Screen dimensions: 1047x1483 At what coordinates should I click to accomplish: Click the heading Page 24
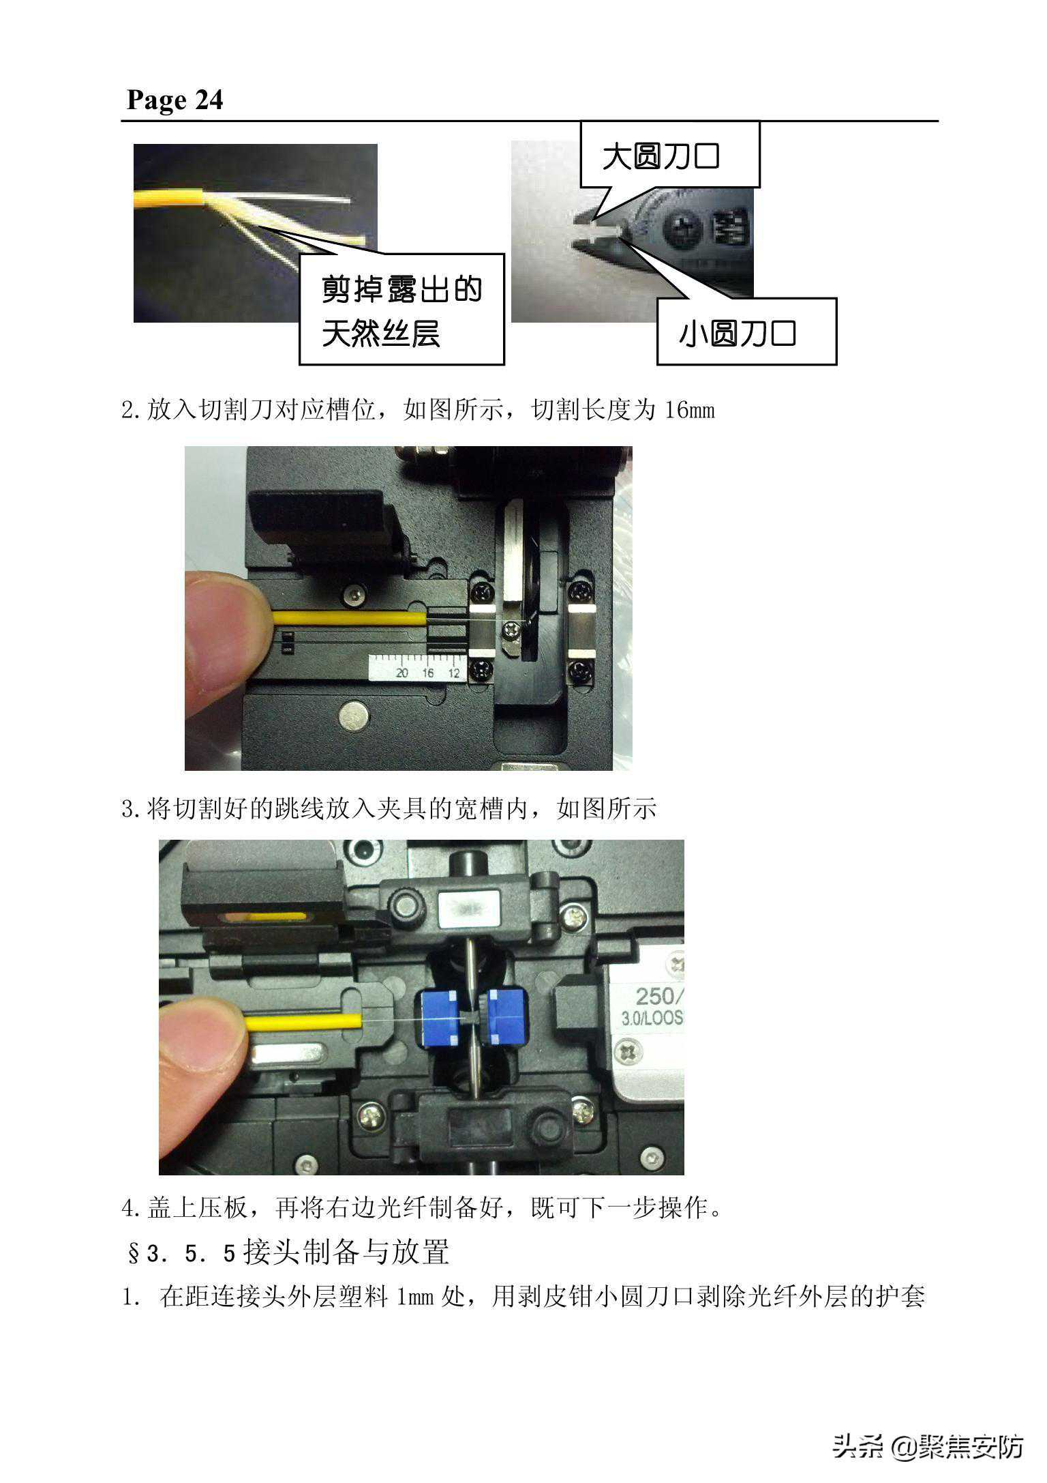pyautogui.click(x=174, y=100)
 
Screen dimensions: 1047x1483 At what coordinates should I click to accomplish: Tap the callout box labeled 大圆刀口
pyautogui.click(x=669, y=155)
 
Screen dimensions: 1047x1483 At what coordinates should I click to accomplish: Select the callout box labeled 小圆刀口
pyautogui.click(x=746, y=332)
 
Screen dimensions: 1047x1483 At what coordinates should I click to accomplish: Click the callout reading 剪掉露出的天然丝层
pyautogui.click(x=401, y=310)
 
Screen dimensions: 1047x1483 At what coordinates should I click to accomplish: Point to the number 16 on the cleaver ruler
pyautogui.click(x=427, y=673)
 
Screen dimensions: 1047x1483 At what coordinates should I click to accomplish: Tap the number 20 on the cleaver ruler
pyautogui.click(x=402, y=673)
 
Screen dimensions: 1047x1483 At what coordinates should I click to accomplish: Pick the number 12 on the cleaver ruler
pyautogui.click(x=453, y=673)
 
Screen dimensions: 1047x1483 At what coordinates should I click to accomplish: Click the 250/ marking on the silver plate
pyautogui.click(x=658, y=995)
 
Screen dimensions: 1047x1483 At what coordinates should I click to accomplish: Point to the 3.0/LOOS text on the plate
pyautogui.click(x=652, y=1018)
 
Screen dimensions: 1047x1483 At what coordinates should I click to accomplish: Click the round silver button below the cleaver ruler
pyautogui.click(x=356, y=718)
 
